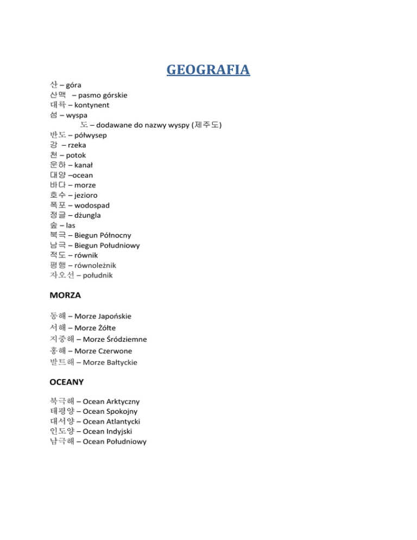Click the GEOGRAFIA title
coord(208,70)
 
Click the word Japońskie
coord(115,316)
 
